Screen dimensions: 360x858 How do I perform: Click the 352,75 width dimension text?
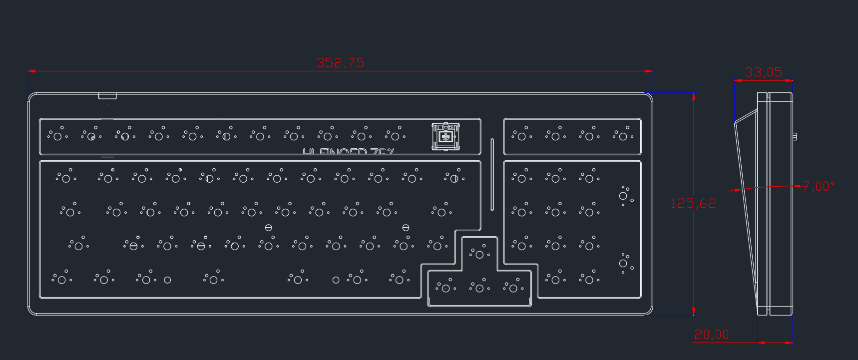pyautogui.click(x=340, y=63)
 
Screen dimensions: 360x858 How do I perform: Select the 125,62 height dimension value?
pyautogui.click(x=693, y=204)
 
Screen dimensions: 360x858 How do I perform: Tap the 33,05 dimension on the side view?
pyautogui.click(x=763, y=72)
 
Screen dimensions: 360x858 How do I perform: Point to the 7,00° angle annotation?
pyautogui.click(x=819, y=187)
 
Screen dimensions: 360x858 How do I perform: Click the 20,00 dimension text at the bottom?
pyautogui.click(x=711, y=335)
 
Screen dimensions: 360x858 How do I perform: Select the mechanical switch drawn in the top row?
pyautogui.click(x=445, y=136)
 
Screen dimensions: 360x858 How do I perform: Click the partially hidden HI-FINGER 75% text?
pyautogui.click(x=348, y=151)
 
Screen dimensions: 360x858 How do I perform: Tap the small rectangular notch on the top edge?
pyautogui.click(x=107, y=96)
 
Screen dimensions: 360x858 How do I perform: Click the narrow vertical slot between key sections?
pyautogui.click(x=492, y=174)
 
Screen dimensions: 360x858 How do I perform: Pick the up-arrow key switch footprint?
pyautogui.click(x=479, y=254)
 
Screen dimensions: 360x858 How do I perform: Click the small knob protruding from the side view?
pyautogui.click(x=794, y=136)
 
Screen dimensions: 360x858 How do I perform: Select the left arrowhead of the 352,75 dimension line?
pyautogui.click(x=30, y=71)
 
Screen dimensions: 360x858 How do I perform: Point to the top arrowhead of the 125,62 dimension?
pyautogui.click(x=693, y=95)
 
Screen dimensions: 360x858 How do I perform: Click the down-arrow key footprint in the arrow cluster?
pyautogui.click(x=479, y=288)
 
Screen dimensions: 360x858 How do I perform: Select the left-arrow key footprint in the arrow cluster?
pyautogui.click(x=445, y=288)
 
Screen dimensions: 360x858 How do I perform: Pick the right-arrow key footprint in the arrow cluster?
pyautogui.click(x=513, y=288)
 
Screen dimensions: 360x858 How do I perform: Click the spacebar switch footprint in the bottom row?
pyautogui.click(x=298, y=280)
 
